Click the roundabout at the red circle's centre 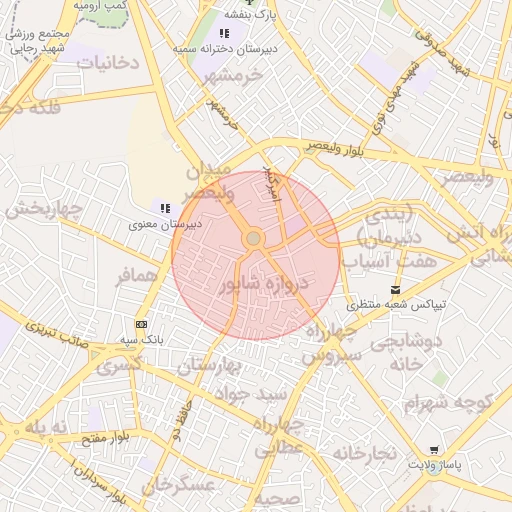254,238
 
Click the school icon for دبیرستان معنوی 165,207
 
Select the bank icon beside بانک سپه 141,324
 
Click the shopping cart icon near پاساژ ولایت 433,451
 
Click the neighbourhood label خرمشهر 230,75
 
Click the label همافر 136,276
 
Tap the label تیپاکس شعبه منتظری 396,304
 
